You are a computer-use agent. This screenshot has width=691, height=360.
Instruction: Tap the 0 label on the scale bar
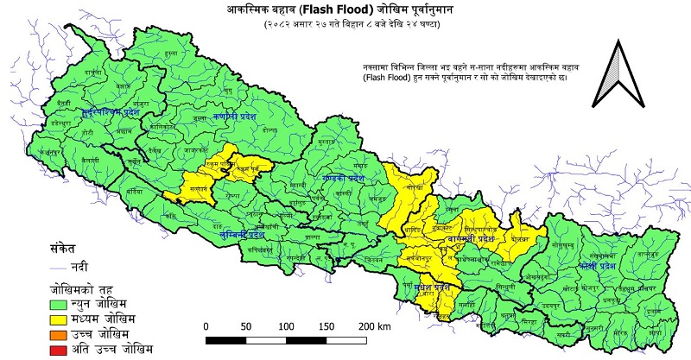coord(206,326)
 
